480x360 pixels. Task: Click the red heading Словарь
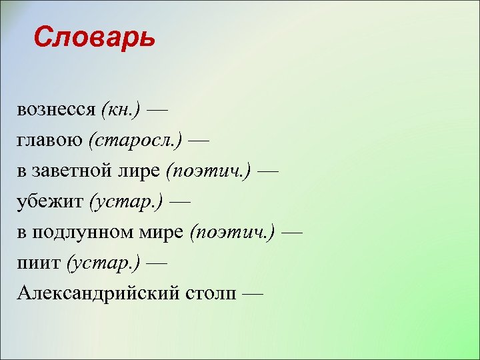tap(94, 38)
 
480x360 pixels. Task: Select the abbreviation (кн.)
tap(121, 109)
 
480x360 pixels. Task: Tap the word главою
tap(50, 140)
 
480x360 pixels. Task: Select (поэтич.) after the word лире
tap(209, 171)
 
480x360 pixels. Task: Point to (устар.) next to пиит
tap(103, 263)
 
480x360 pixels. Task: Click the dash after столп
tap(253, 294)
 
